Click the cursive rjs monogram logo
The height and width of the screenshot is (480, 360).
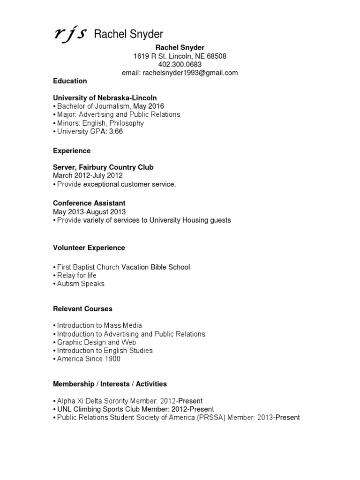[69, 34]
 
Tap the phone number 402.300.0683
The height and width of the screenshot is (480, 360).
[180, 64]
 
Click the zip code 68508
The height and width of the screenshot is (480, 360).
[217, 56]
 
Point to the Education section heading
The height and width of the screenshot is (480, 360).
[70, 81]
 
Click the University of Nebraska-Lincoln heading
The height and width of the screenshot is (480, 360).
[105, 97]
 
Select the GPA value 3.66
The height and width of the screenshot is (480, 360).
[116, 132]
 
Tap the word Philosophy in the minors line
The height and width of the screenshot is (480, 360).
[128, 123]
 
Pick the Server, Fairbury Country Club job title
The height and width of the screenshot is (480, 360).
[103, 167]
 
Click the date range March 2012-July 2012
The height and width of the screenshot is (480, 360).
[88, 176]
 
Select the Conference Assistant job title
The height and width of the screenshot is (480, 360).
[89, 203]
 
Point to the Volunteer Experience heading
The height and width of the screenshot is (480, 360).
[89, 247]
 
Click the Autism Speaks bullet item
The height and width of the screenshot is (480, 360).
[81, 284]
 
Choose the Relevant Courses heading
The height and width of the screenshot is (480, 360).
[82, 309]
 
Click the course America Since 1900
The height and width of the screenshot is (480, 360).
[89, 359]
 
